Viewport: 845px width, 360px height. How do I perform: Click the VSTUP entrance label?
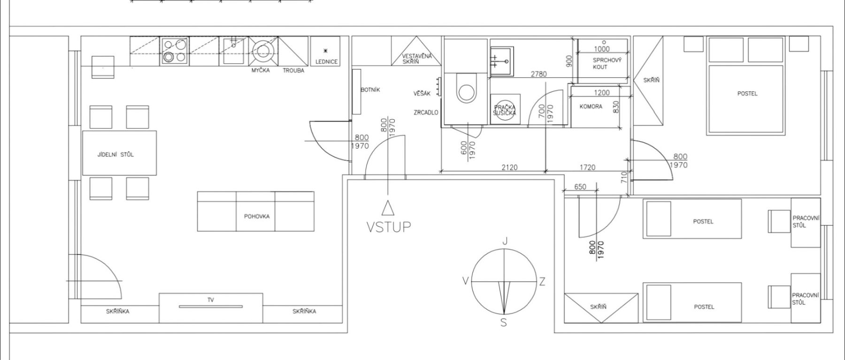tap(388, 227)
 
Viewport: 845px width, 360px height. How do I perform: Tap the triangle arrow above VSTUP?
tap(388, 208)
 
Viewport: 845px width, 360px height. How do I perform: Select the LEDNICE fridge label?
tap(326, 61)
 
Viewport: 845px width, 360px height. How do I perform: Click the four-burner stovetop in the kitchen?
tap(175, 51)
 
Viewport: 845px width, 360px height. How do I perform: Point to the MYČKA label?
tap(261, 70)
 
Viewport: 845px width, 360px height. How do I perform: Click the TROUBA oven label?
tap(293, 70)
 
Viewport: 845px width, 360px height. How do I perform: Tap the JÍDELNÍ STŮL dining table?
tap(119, 153)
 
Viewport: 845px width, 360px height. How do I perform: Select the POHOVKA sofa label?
tap(257, 216)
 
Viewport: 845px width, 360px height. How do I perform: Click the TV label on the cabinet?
tap(211, 299)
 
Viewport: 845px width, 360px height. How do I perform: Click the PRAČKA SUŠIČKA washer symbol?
tap(505, 110)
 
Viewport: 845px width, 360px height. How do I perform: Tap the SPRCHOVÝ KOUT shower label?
tap(607, 63)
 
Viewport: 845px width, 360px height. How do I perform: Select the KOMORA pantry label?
tap(591, 107)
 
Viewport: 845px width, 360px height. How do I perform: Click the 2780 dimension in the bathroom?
tap(538, 74)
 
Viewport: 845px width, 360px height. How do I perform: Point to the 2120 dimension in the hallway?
tap(509, 167)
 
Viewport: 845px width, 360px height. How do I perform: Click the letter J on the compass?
tap(505, 241)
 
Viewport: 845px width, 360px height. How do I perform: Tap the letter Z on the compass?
tap(542, 282)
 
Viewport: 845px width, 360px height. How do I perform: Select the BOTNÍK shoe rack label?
tap(370, 90)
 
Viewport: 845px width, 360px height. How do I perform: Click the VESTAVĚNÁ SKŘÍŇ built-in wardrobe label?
tap(416, 59)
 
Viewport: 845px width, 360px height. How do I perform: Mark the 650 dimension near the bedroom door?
tap(580, 187)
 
